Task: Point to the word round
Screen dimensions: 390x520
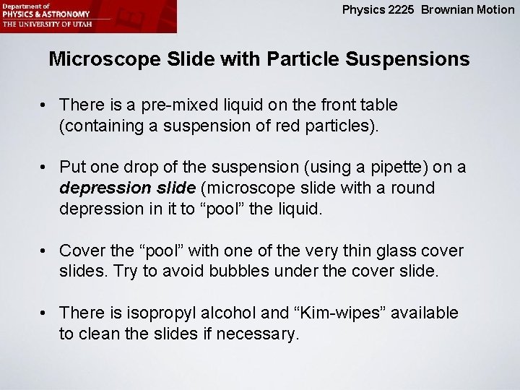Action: (411, 188)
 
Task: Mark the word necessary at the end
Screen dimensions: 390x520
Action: (263, 334)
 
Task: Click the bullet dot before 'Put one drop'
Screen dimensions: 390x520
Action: (45, 168)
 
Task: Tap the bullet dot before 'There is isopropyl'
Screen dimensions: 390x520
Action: (45, 313)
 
